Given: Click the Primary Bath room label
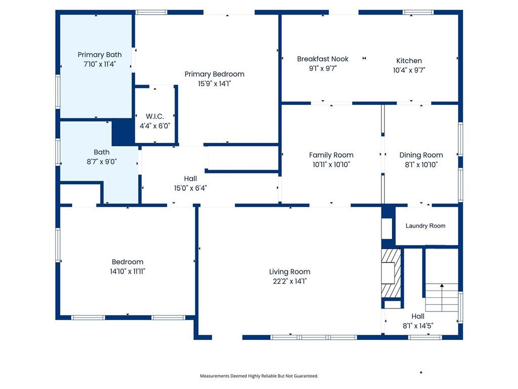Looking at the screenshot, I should tap(100, 55).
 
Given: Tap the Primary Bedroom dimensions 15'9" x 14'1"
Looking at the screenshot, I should tap(214, 84).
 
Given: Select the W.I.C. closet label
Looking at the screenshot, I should tap(155, 116).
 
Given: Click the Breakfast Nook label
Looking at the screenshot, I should tap(323, 59).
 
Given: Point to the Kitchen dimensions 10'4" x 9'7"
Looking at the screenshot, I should tap(409, 70).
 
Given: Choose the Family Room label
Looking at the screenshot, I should tap(331, 155).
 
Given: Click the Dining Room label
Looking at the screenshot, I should tap(421, 155).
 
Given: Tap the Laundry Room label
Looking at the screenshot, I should tap(425, 226).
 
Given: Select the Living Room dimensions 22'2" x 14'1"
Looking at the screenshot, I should tap(289, 282).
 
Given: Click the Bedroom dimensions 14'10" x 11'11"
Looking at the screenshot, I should tap(127, 271).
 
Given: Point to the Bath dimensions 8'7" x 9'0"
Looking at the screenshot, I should tap(101, 162).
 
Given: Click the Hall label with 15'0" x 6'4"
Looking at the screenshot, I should tap(190, 179).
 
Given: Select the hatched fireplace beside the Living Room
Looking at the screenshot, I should tap(391, 272).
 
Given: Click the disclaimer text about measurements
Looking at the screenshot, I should tap(259, 376).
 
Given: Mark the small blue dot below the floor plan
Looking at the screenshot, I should tap(421, 372).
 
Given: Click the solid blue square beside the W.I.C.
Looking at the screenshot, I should tap(122, 132).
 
